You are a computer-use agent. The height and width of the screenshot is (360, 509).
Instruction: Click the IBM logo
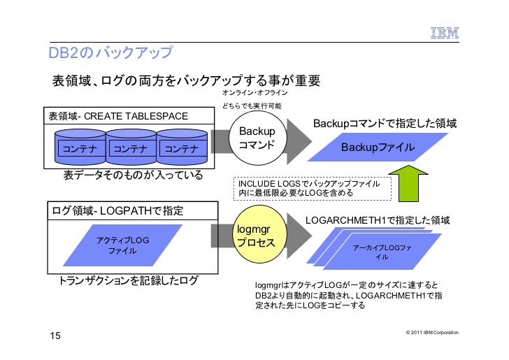click(443, 31)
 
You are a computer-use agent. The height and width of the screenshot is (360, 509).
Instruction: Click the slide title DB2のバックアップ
click(110, 54)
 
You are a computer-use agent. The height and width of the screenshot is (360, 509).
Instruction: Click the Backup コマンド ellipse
click(257, 139)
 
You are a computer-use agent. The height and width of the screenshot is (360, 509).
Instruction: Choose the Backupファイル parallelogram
click(377, 147)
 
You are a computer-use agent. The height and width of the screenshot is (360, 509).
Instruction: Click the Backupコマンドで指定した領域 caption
click(385, 124)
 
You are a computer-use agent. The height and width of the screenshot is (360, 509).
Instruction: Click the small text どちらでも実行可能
click(252, 106)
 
